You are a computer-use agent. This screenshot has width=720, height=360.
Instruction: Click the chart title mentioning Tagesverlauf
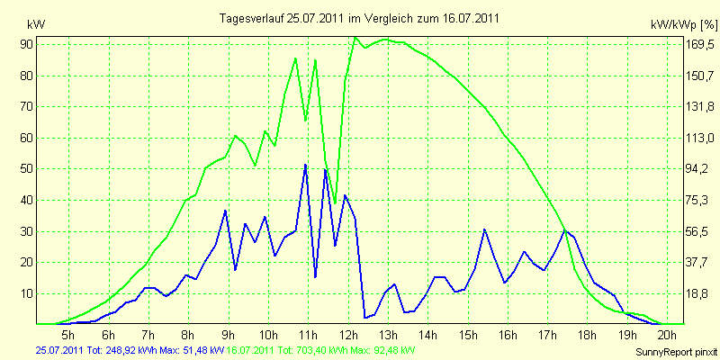tap(359, 18)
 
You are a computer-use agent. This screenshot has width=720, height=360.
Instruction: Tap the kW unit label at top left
tap(36, 25)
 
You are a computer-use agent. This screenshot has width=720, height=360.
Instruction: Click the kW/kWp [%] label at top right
tap(684, 25)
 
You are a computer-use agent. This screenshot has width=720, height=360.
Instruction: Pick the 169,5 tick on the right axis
tap(701, 45)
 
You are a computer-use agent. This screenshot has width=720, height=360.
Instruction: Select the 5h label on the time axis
tap(68, 334)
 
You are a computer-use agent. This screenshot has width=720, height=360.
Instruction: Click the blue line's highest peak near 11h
tap(305, 165)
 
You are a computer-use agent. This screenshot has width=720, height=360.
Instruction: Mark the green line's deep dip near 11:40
tap(335, 203)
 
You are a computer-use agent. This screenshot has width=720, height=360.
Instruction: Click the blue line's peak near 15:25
tap(484, 229)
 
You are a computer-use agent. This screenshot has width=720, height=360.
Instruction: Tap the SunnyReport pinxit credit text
tap(676, 352)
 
